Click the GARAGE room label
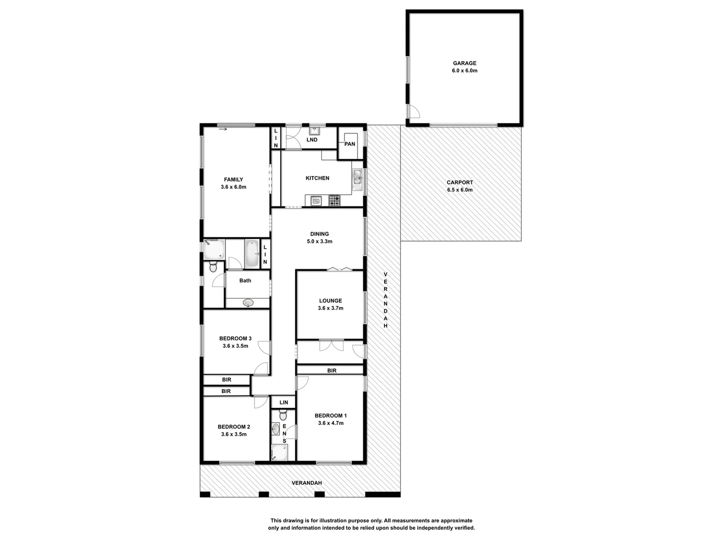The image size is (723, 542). [x=464, y=63]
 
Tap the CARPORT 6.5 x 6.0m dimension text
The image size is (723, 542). [x=460, y=190]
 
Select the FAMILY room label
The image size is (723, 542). [x=233, y=180]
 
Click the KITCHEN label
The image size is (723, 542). [x=317, y=178]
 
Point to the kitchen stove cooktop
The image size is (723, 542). [x=334, y=201]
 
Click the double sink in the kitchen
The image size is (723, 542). [x=357, y=177]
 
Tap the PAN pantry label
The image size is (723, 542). [x=349, y=144]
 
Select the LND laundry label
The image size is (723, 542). [x=312, y=140]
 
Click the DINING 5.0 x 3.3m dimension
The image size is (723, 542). [x=319, y=241]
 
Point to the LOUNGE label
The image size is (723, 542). [x=330, y=301]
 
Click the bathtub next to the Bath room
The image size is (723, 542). [x=251, y=254]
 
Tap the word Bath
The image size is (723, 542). [x=245, y=281]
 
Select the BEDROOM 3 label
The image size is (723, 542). [x=235, y=338]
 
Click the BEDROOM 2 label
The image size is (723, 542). [x=233, y=427]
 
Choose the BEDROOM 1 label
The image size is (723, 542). [x=330, y=416]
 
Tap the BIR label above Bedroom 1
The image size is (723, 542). [x=331, y=371]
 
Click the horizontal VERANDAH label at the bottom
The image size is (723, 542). [x=306, y=483]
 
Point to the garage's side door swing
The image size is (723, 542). [x=413, y=112]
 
